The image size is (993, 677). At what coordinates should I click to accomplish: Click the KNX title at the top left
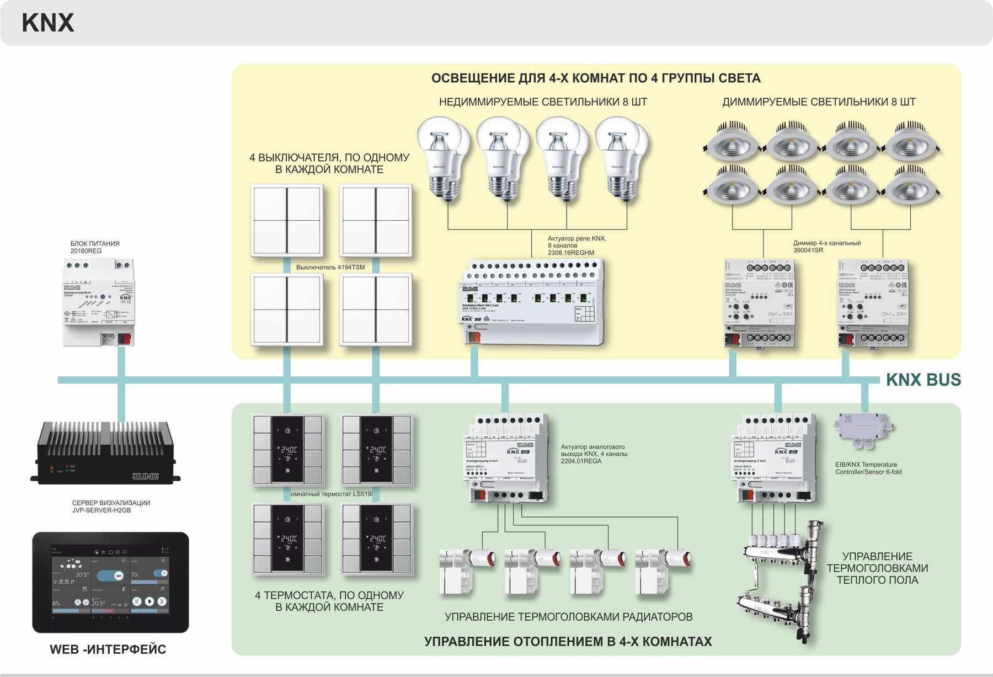(47, 23)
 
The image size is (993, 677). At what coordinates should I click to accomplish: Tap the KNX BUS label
(923, 380)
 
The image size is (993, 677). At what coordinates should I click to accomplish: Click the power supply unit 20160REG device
(99, 302)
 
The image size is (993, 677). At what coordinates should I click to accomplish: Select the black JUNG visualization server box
(105, 453)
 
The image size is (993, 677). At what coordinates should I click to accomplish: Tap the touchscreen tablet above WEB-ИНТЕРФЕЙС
(110, 582)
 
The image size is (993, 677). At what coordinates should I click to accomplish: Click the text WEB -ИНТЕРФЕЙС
(108, 649)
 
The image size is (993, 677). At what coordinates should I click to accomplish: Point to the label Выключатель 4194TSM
(330, 267)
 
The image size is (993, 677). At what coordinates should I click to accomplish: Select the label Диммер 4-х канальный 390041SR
(826, 247)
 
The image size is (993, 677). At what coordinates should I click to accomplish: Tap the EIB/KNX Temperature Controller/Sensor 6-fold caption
(868, 468)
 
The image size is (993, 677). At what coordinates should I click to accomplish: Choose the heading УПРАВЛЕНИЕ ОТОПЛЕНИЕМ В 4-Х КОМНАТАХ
(568, 642)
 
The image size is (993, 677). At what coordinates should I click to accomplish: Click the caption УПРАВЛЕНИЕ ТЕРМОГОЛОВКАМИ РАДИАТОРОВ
(568, 617)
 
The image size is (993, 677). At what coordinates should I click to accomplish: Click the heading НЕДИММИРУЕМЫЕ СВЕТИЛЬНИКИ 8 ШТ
(543, 102)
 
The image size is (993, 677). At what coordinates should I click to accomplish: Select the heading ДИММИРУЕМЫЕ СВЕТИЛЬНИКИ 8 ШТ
(819, 102)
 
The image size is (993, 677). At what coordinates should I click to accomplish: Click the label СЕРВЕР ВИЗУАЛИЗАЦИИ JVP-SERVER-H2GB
(111, 507)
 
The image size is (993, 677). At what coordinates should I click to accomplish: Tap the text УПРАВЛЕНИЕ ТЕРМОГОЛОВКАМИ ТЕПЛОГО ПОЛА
(877, 568)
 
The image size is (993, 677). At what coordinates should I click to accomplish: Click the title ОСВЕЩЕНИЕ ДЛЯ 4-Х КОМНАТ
(596, 78)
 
